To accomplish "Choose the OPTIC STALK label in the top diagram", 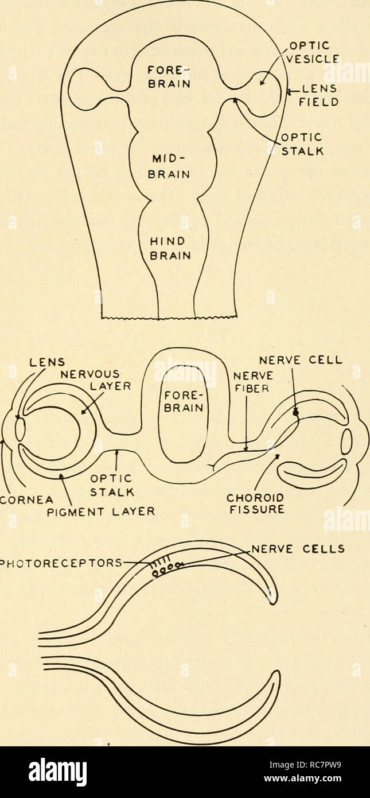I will (305, 145).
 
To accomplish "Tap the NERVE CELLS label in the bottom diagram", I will (298, 548).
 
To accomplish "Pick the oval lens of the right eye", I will (346, 442).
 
